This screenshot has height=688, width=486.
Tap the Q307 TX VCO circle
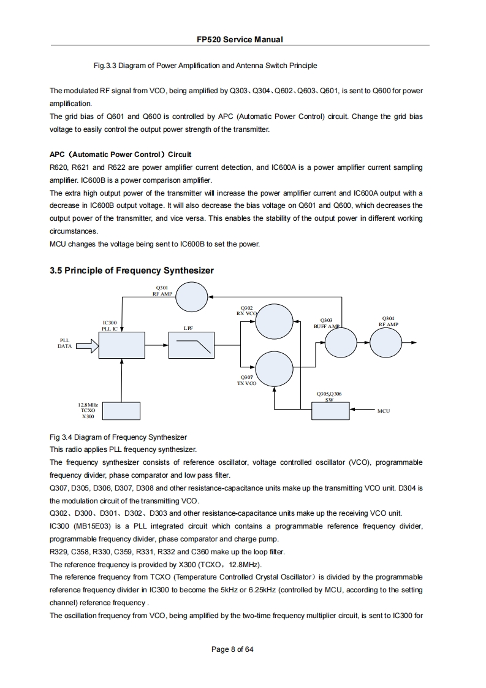[x=274, y=367]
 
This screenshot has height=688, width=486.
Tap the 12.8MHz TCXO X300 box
[x=121, y=411]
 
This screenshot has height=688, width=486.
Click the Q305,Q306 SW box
[x=330, y=410]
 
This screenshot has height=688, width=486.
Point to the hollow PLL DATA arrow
[x=85, y=348]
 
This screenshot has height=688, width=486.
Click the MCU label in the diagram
[x=384, y=411]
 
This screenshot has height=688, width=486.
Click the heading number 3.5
[x=58, y=270]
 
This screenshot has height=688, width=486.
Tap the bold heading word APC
[x=58, y=155]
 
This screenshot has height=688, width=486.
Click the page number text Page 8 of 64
[x=232, y=650]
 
